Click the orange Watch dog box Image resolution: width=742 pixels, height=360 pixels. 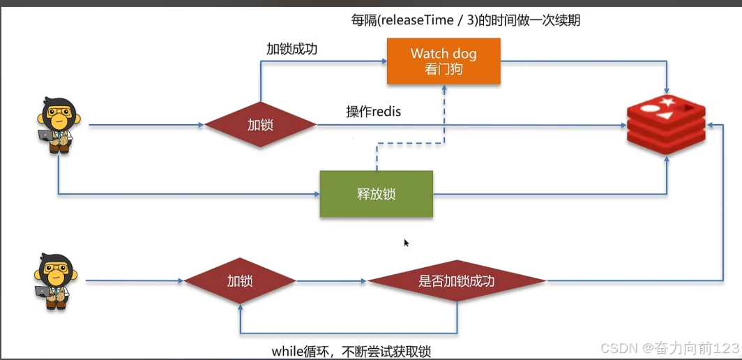point(444,61)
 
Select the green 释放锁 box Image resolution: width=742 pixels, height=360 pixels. point(376,194)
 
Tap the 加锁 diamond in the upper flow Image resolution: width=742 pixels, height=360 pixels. point(259,126)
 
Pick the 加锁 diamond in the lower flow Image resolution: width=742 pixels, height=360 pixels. point(239,281)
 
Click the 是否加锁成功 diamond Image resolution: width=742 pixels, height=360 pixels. point(456,281)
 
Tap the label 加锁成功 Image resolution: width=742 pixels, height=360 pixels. point(292,49)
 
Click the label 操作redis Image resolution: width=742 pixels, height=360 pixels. point(373,112)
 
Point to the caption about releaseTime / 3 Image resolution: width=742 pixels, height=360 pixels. point(465,20)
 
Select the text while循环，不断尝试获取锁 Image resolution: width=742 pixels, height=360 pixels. point(351,350)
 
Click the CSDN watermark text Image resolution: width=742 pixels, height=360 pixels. point(669,347)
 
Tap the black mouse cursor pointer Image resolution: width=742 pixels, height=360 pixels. point(406,243)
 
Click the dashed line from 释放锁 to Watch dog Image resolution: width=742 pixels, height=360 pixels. point(411,145)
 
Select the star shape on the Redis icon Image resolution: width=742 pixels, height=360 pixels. point(667,104)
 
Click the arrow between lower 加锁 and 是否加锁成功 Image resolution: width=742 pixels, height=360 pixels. point(331,281)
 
